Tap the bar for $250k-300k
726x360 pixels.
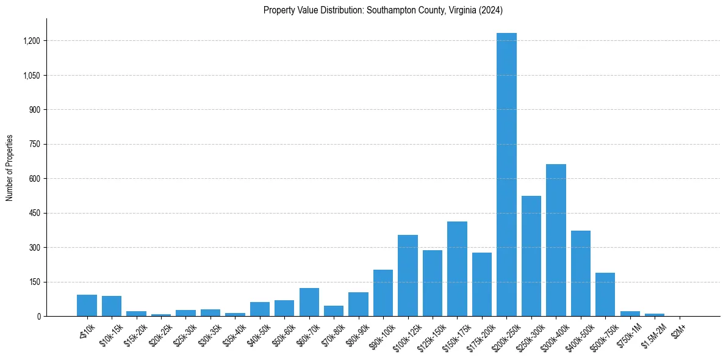[x=531, y=256]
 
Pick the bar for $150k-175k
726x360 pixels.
[x=457, y=268]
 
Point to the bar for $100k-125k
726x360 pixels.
[x=408, y=275]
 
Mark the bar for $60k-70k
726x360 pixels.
[x=309, y=302]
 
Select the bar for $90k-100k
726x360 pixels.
[x=383, y=293]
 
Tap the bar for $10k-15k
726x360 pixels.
[x=112, y=306]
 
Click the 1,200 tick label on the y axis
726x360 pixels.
[x=32, y=41]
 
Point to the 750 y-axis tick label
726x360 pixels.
[x=35, y=144]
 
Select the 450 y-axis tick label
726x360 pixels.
[x=35, y=213]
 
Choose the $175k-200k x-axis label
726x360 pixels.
[x=479, y=336]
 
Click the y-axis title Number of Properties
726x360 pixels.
[x=10, y=168]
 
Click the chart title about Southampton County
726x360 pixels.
[x=383, y=10]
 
